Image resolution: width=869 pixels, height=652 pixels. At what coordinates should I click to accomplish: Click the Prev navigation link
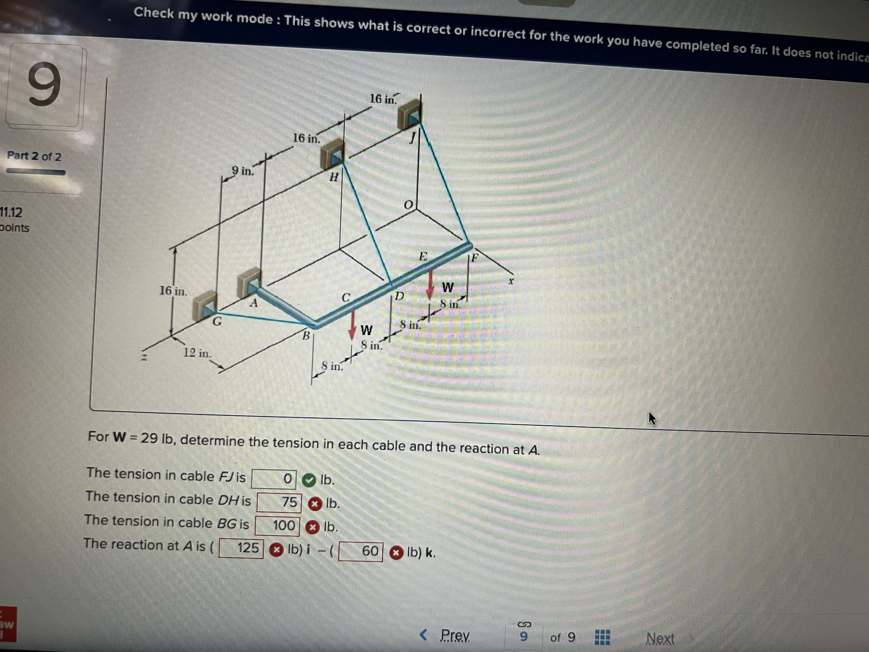pyautogui.click(x=455, y=635)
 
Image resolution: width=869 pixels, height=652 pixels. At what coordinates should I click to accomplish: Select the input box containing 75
pyautogui.click(x=279, y=502)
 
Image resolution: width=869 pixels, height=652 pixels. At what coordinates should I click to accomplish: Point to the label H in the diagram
pyautogui.click(x=334, y=178)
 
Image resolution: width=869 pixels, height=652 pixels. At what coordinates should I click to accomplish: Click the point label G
pyautogui.click(x=217, y=321)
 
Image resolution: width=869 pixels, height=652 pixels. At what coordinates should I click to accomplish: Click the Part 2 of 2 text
pyautogui.click(x=34, y=156)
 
